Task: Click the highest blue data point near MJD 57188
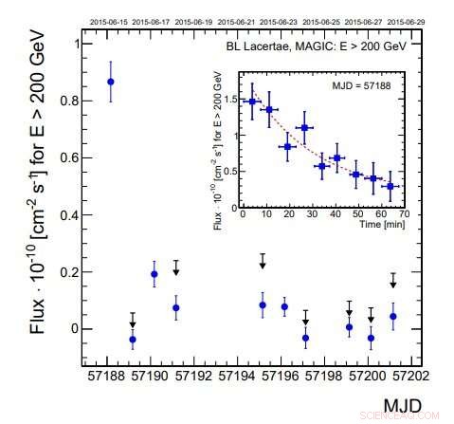coord(111,82)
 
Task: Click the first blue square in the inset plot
coord(251,101)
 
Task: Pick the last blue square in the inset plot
coord(390,186)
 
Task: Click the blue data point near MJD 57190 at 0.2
coord(154,273)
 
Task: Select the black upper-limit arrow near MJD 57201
coord(393,284)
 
